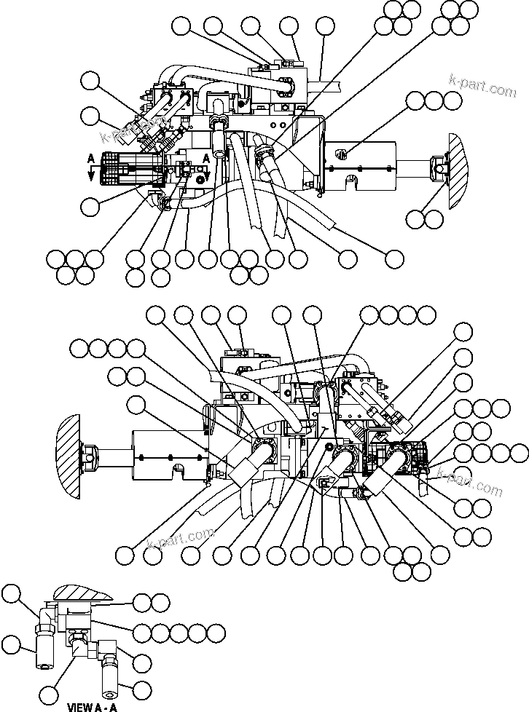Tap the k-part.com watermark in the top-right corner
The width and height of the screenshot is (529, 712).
pos(482,88)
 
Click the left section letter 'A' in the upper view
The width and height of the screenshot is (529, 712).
pos(90,157)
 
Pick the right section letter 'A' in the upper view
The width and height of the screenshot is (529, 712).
pos(206,157)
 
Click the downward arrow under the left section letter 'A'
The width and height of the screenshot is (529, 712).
pos(90,170)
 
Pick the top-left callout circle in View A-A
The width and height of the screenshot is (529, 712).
pos(10,596)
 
